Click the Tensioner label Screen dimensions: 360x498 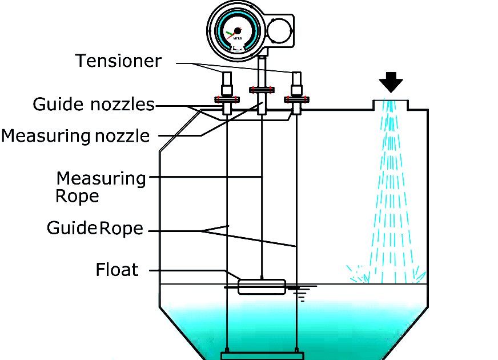point(119,61)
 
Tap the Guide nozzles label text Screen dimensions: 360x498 point(94,105)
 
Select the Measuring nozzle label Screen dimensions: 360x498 point(75,136)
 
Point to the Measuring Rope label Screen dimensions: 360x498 point(101,187)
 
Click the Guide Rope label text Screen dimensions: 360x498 point(95,229)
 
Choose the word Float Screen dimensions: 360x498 point(117,270)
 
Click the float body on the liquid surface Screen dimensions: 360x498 point(261,286)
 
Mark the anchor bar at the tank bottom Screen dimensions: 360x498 point(262,355)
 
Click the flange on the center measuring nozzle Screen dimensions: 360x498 point(261,89)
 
